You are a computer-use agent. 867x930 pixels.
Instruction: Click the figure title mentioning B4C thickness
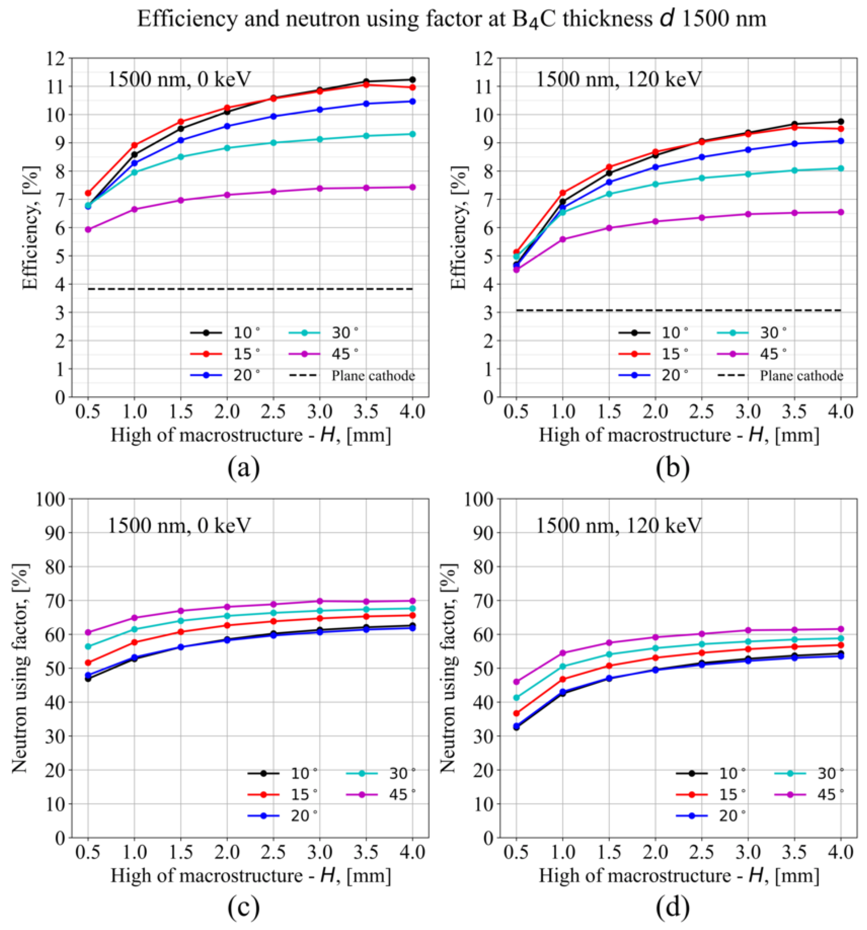pos(451,19)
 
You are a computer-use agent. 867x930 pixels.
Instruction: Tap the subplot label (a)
pos(243,468)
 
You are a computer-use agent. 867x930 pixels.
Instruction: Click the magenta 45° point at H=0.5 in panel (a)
pos(88,229)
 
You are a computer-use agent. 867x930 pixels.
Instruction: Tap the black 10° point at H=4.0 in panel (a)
pos(412,80)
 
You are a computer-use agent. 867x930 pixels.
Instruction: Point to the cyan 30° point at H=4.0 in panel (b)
pos(841,168)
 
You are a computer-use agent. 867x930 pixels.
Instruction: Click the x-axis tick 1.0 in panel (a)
pos(134,412)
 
